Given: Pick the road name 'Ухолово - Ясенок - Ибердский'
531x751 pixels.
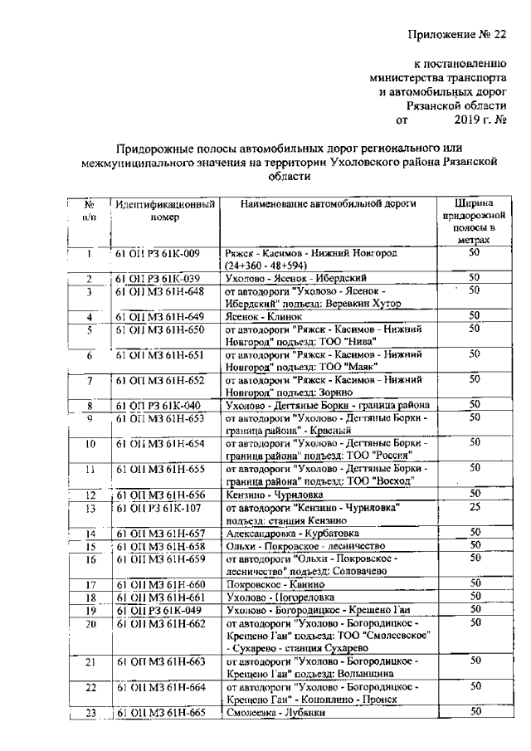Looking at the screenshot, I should (x=295, y=278).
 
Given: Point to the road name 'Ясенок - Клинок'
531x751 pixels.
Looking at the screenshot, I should (x=261, y=316).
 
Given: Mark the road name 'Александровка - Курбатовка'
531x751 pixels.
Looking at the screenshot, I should (x=287, y=533).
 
